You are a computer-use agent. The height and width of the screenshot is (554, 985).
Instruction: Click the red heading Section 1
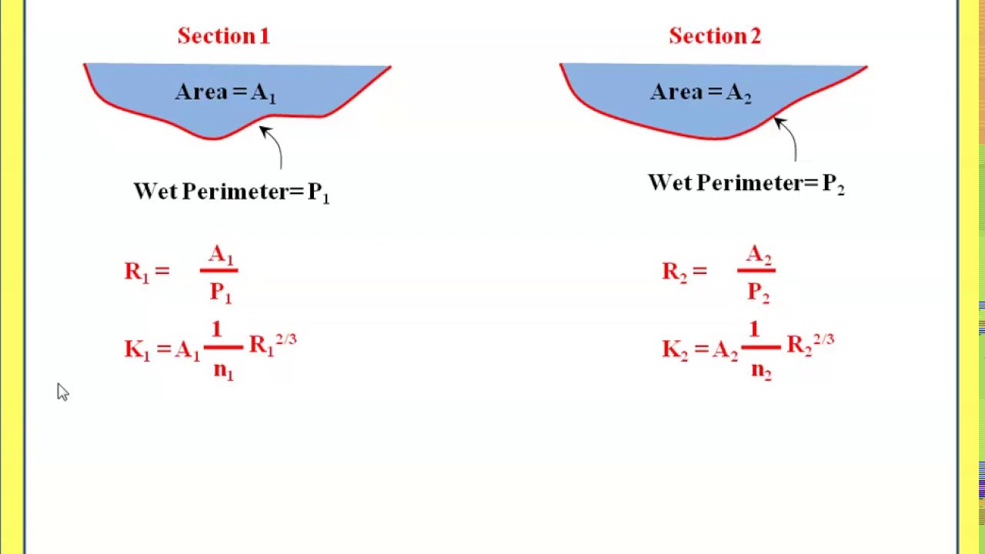pyautogui.click(x=223, y=36)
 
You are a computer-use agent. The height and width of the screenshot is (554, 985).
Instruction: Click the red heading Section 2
pyautogui.click(x=715, y=36)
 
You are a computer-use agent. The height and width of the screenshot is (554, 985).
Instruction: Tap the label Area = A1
pyautogui.click(x=225, y=92)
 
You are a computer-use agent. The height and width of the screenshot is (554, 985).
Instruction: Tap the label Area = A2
pyautogui.click(x=700, y=92)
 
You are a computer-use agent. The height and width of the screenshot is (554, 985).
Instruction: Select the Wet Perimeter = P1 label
pyautogui.click(x=231, y=192)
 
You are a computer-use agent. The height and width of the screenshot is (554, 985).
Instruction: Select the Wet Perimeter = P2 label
pyautogui.click(x=746, y=183)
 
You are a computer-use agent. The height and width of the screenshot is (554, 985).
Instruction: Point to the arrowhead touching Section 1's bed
pyautogui.click(x=264, y=131)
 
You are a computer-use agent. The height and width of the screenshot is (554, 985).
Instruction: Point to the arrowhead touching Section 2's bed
pyautogui.click(x=778, y=122)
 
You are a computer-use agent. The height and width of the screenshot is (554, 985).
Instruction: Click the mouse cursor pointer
pyautogui.click(x=62, y=392)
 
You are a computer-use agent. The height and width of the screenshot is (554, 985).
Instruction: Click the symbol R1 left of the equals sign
pyautogui.click(x=135, y=272)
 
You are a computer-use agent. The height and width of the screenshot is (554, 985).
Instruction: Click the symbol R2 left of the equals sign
pyautogui.click(x=673, y=272)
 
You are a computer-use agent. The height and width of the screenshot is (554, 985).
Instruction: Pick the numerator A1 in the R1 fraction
pyautogui.click(x=220, y=255)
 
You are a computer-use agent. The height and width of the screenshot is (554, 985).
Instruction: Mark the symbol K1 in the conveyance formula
pyautogui.click(x=136, y=350)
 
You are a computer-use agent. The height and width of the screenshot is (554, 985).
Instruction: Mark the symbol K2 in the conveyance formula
pyautogui.click(x=674, y=350)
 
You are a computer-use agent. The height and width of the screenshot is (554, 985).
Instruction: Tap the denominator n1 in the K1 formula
pyautogui.click(x=223, y=370)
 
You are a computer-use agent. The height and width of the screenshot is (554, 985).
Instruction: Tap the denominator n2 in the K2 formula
pyautogui.click(x=761, y=370)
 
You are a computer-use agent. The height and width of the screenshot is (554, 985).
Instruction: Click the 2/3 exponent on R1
pyautogui.click(x=285, y=339)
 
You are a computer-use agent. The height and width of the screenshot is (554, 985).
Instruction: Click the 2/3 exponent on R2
pyautogui.click(x=823, y=339)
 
